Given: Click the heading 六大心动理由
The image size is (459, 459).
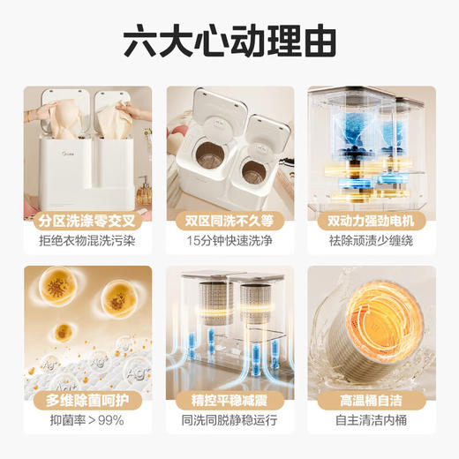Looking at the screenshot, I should pyautogui.click(x=229, y=41).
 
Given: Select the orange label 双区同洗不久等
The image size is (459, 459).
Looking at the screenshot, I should pyautogui.click(x=229, y=218).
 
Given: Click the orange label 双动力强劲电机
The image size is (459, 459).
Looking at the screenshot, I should pyautogui.click(x=371, y=218).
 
